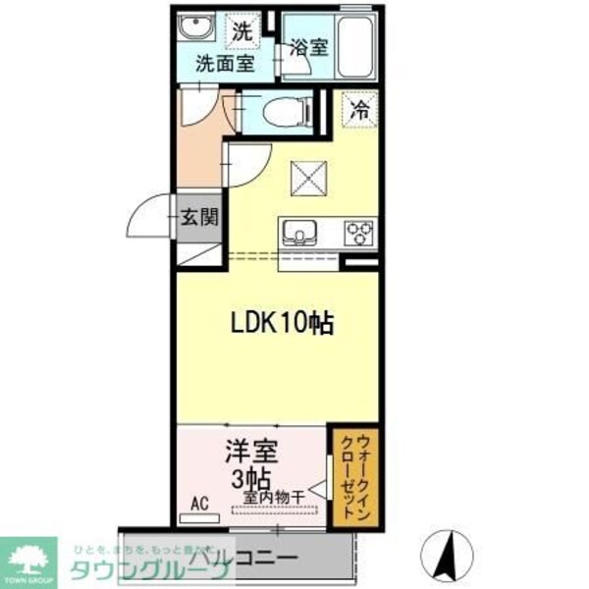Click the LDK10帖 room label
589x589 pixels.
click(283, 321)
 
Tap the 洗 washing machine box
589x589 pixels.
click(242, 30)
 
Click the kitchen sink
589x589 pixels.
click(296, 233)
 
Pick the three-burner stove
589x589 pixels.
click(359, 233)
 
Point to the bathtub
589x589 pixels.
click(355, 44)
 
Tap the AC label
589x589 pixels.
click(199, 505)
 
